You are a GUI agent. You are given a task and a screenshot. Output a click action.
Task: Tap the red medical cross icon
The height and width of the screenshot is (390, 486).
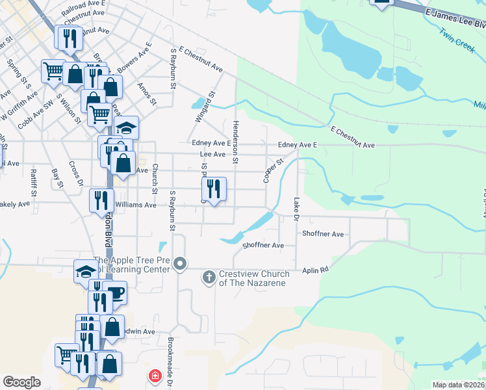(x=155, y=376)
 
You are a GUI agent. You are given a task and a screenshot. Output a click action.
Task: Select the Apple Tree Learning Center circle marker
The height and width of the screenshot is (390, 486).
(x=181, y=264)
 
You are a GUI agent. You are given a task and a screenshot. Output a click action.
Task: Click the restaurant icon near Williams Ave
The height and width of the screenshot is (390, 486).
(x=102, y=200)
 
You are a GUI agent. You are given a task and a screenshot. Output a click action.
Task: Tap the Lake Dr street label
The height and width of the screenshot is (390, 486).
(x=297, y=208)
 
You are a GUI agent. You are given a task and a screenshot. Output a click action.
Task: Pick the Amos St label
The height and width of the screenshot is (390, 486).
(x=147, y=94)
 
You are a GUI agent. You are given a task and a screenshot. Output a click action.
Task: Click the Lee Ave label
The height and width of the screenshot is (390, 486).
(x=212, y=154)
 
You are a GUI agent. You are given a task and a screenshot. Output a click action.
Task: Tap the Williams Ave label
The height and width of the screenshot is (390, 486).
(x=137, y=205)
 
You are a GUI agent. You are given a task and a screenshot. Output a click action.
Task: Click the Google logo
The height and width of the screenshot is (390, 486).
(x=21, y=382)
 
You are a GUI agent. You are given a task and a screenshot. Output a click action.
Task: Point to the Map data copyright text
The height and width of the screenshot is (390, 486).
(x=459, y=385)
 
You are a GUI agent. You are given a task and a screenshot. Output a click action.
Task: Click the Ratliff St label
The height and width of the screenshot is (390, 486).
(x=33, y=183)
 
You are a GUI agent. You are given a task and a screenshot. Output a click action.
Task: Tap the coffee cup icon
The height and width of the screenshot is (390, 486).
(x=114, y=292)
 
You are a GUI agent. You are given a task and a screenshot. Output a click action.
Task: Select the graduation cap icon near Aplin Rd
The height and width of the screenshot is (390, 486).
(x=86, y=271)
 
